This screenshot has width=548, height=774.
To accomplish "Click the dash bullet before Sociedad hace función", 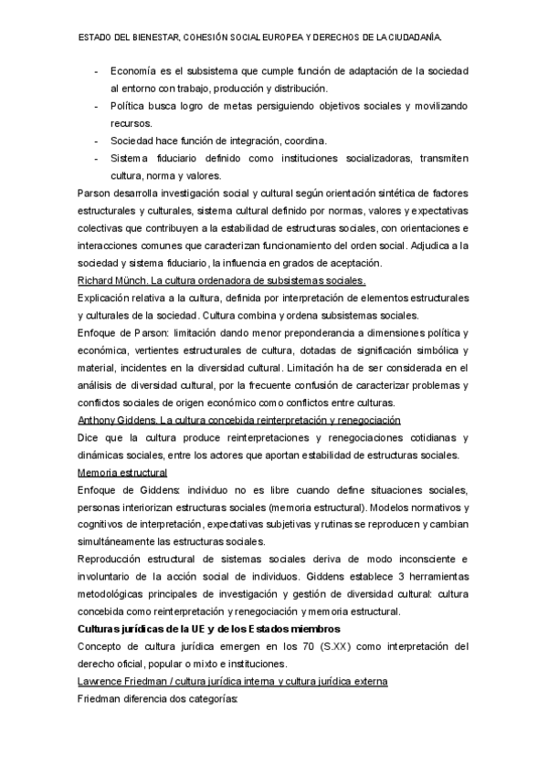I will click(x=98, y=141).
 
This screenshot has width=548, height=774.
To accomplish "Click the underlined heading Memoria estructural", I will click(x=122, y=472).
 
